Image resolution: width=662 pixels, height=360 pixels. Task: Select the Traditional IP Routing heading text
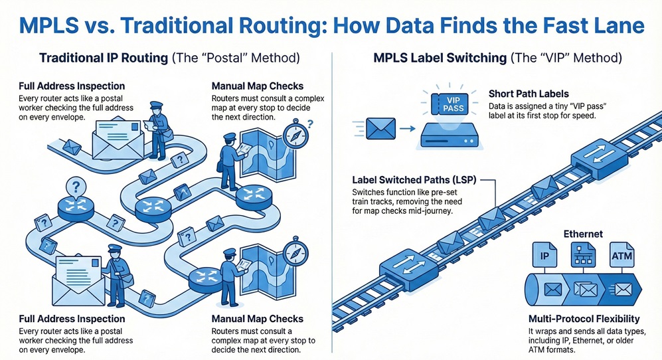pyautogui.click(x=104, y=58)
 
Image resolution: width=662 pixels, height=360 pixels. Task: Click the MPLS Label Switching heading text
pyautogui.click(x=438, y=58)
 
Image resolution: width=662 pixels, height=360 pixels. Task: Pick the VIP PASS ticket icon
pyautogui.click(x=450, y=104)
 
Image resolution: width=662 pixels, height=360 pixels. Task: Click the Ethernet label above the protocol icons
pyautogui.click(x=582, y=234)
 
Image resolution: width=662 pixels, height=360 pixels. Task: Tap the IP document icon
pyautogui.click(x=544, y=255)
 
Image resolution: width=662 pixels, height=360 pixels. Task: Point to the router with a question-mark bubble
pyautogui.click(x=76, y=203)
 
